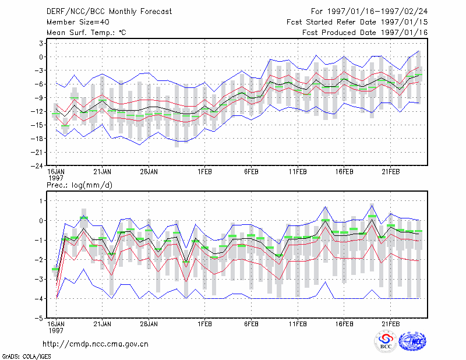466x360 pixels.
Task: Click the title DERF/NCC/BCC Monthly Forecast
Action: click(109, 12)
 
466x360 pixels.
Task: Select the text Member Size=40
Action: click(78, 22)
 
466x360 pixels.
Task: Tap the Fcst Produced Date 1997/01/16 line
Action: click(365, 33)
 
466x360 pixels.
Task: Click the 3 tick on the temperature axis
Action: click(41, 44)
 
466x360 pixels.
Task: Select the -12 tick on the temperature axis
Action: click(37, 111)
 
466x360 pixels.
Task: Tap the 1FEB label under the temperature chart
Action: click(204, 172)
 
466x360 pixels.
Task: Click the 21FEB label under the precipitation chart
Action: click(390, 324)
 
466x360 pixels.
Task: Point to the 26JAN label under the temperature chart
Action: click(149, 172)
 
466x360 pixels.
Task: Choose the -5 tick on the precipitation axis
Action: click(39, 319)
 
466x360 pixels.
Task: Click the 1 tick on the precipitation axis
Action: click(41, 201)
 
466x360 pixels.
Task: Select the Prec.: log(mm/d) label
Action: click(79, 185)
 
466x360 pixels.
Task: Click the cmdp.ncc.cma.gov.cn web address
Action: click(96, 344)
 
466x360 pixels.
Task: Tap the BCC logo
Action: click(386, 341)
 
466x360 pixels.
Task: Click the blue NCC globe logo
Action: click(412, 341)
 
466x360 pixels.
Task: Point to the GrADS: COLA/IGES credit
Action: click(26, 357)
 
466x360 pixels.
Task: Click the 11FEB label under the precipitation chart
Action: click(298, 324)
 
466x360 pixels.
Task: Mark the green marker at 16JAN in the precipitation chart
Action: click(55, 269)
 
